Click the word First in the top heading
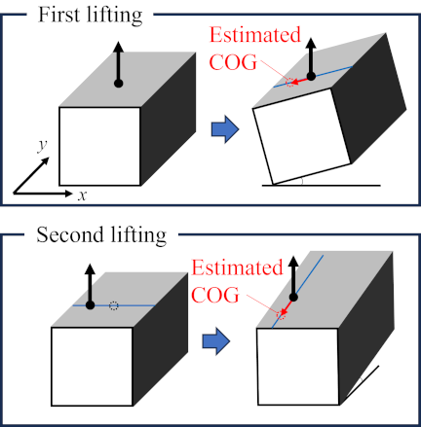(58, 15)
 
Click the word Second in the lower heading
(70, 234)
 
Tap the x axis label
(82, 196)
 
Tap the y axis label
(42, 146)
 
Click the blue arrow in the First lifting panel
(225, 129)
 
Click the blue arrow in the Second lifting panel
(216, 341)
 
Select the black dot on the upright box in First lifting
(119, 84)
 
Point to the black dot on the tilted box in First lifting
(311, 77)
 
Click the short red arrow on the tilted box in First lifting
(298, 81)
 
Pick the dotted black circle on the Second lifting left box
(114, 305)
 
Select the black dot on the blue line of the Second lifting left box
(90, 305)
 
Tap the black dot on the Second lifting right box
(293, 297)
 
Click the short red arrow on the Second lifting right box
(286, 306)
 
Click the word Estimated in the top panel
(255, 35)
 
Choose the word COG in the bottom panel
(215, 295)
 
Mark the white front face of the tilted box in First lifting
(302, 136)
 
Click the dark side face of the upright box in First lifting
(168, 119)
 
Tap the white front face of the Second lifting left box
(92, 367)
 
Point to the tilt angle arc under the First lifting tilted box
(302, 182)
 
